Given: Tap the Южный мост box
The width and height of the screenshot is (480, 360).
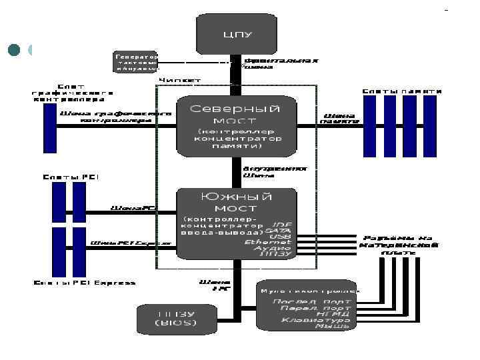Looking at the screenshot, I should [x=236, y=223].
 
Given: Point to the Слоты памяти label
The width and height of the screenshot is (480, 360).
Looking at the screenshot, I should [x=402, y=90].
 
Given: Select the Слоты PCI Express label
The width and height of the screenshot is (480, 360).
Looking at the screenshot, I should [x=85, y=283].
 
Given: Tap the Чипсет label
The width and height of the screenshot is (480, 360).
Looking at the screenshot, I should [x=179, y=81].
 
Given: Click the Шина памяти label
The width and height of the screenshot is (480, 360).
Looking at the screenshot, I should [x=339, y=117].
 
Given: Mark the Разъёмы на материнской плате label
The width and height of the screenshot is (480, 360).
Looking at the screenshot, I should [x=399, y=245].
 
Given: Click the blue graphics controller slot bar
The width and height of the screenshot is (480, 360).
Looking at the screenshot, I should [x=49, y=128].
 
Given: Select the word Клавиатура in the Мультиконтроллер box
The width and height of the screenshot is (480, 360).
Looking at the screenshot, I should [x=316, y=321].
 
